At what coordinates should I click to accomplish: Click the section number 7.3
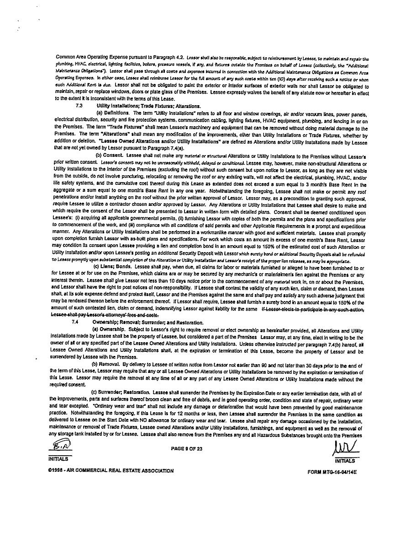(79, 106)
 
